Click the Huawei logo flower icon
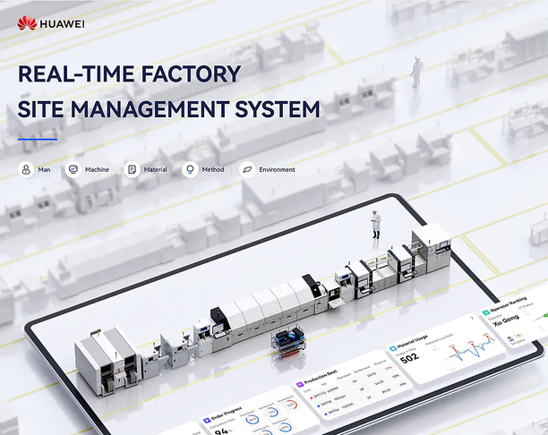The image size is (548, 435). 27,22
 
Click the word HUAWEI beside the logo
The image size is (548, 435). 63,22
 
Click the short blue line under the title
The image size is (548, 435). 38,139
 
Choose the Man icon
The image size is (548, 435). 25,169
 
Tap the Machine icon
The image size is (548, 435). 73,169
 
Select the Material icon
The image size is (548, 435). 132,169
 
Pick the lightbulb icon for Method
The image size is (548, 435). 189,169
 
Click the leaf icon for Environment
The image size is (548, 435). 246,169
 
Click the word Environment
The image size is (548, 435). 277,169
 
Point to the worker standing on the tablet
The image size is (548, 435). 376,225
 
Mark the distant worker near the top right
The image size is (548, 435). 416,72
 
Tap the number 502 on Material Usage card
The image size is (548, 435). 410,357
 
